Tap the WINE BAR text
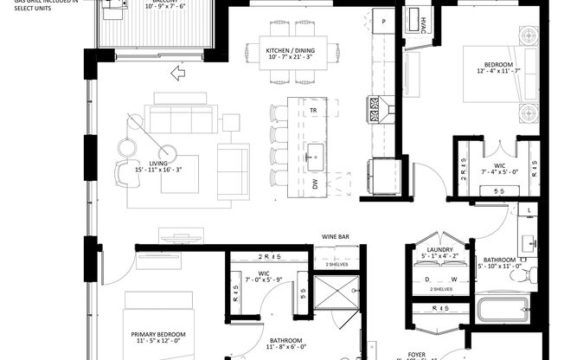click(x=335, y=235)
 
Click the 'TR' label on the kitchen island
click(x=314, y=112)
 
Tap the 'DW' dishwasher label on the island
click(x=314, y=183)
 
